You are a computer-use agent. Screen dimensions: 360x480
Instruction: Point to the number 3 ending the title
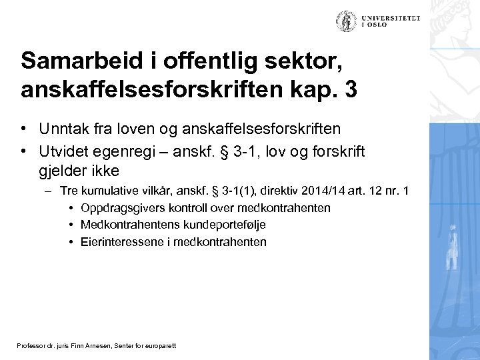pyautogui.click(x=351, y=90)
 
